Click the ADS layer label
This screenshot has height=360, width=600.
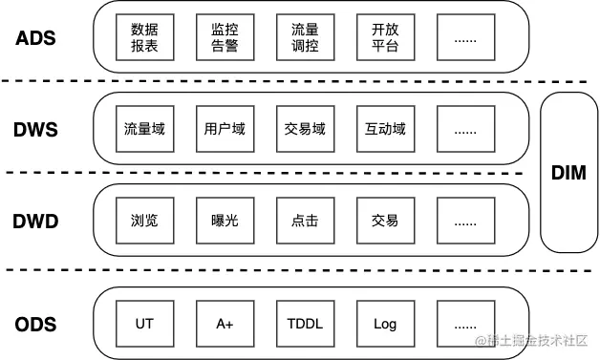pyautogui.click(x=36, y=39)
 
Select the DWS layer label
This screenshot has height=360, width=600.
pyautogui.click(x=36, y=130)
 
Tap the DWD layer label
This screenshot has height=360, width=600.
pyautogui.click(x=36, y=222)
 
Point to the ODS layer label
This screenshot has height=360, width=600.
pyautogui.click(x=36, y=323)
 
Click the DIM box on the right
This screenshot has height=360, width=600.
pyautogui.click(x=568, y=173)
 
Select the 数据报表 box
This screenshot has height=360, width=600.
pyautogui.click(x=144, y=37)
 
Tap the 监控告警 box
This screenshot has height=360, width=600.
pyautogui.click(x=225, y=37)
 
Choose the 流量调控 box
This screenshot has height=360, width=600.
pyautogui.click(x=305, y=37)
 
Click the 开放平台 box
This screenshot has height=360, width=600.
pyautogui.click(x=385, y=37)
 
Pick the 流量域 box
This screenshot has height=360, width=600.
pyautogui.click(x=144, y=129)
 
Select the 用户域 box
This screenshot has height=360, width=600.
pyautogui.click(x=225, y=129)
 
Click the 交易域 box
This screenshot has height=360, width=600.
pyautogui.click(x=305, y=129)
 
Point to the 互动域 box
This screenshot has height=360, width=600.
pyautogui.click(x=385, y=129)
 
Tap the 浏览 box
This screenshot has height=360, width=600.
pyautogui.click(x=144, y=221)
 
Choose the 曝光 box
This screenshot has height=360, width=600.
pyautogui.click(x=225, y=221)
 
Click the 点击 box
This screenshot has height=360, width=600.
pyautogui.click(x=305, y=221)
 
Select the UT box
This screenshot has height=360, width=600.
pyautogui.click(x=144, y=324)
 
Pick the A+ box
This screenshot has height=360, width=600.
pyautogui.click(x=225, y=324)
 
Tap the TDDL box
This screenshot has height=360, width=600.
pyautogui.click(x=305, y=324)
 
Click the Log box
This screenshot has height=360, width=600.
pyautogui.click(x=385, y=324)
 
